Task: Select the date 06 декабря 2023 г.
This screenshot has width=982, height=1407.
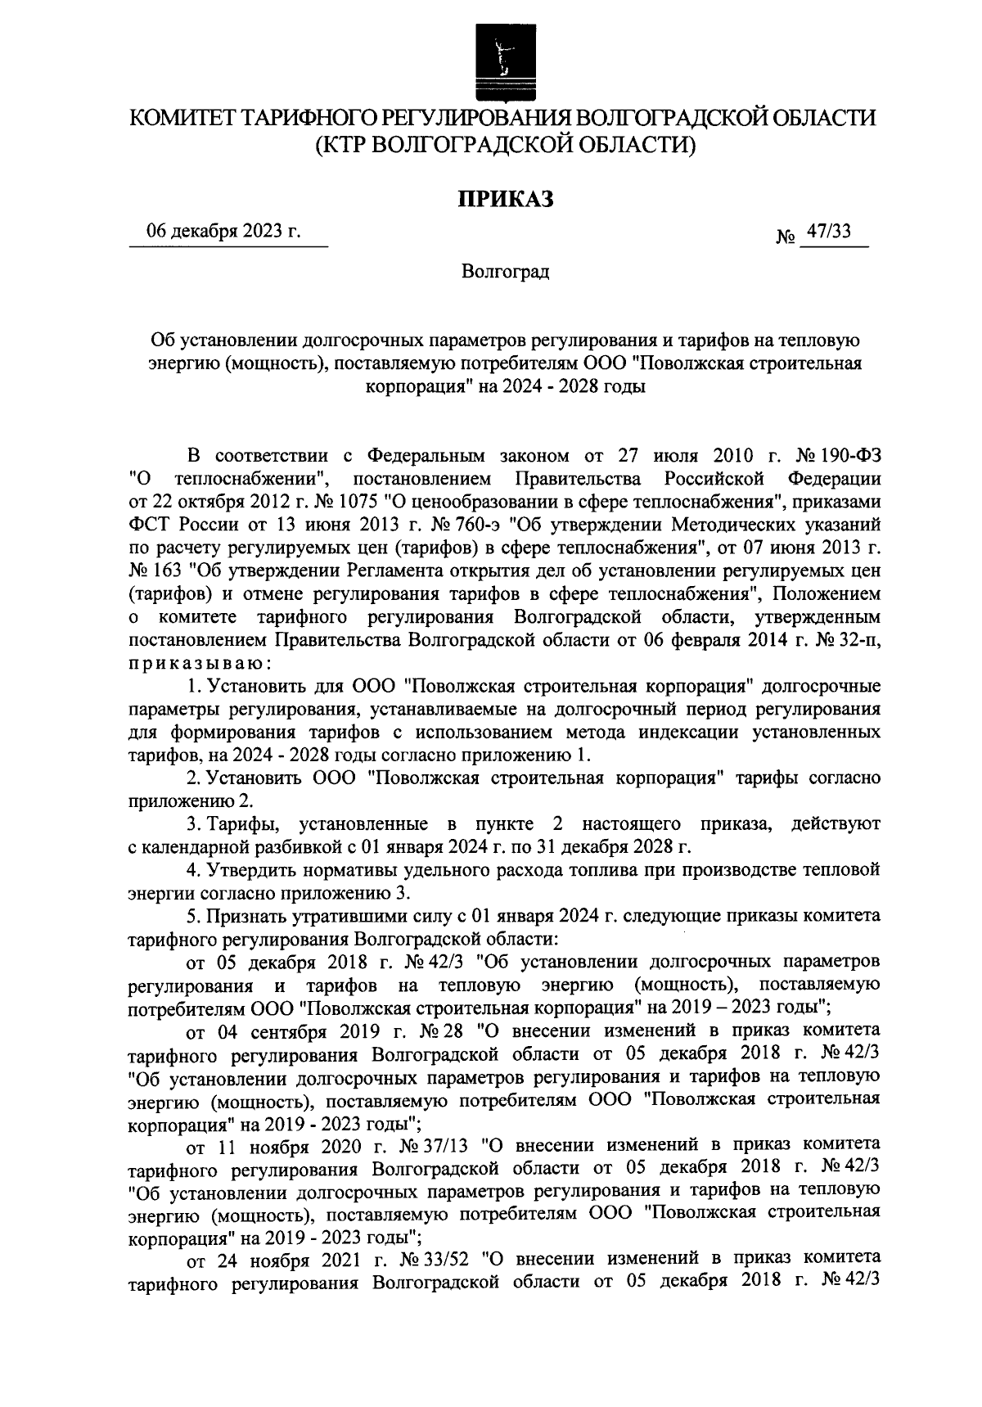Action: [x=223, y=232]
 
